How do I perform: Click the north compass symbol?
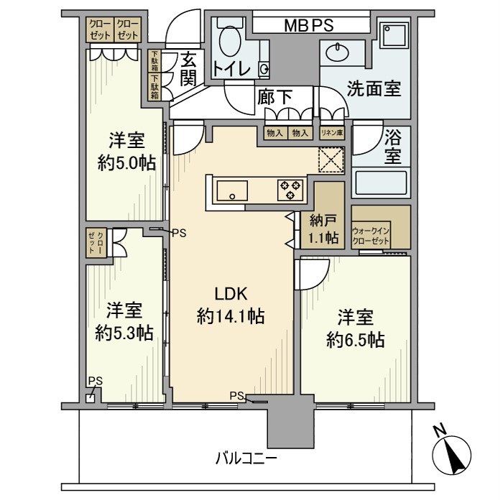coord(452,453)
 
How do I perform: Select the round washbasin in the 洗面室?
coord(336,52)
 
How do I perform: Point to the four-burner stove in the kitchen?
coord(290,190)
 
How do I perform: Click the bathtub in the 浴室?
coord(380,183)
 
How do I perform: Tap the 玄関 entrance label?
coord(188,69)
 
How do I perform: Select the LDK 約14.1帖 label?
coord(231,305)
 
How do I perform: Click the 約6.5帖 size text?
coord(355,339)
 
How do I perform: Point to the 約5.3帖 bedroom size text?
coord(124,333)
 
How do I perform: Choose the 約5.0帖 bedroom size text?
coord(126,162)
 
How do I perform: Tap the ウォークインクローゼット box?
coord(372,236)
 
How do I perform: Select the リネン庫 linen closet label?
coord(332,133)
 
